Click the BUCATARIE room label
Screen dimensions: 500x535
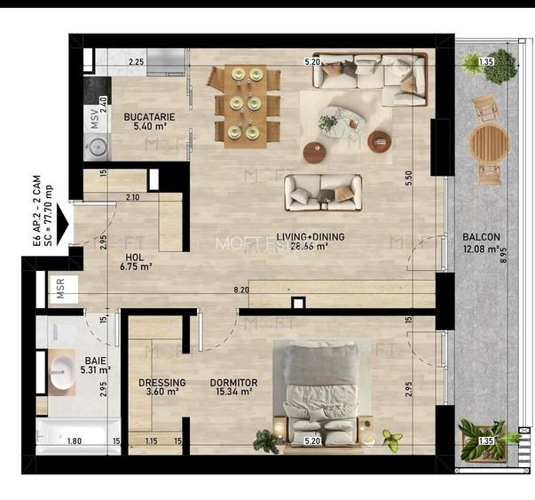pyautogui.click(x=149, y=117)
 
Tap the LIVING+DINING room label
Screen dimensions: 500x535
pyautogui.click(x=311, y=237)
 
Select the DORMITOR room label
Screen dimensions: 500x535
pyautogui.click(x=233, y=384)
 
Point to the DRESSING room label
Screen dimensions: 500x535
pyautogui.click(x=161, y=384)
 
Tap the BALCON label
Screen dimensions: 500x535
pyautogui.click(x=482, y=237)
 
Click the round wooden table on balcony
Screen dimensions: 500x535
pyautogui.click(x=487, y=141)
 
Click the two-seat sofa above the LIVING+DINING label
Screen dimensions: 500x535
pyautogui.click(x=323, y=189)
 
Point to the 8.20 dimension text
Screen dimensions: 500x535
pyautogui.click(x=241, y=290)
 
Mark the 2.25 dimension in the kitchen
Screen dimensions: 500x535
pyautogui.click(x=136, y=62)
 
